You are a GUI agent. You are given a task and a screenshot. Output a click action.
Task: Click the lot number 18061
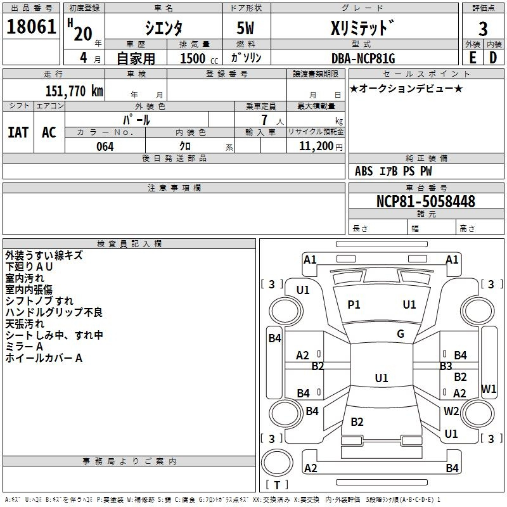click(31, 27)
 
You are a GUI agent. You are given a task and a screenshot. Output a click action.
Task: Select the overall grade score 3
click(483, 29)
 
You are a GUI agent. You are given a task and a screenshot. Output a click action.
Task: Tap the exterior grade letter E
click(473, 58)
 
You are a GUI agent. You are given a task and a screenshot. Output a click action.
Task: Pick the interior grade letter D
click(493, 58)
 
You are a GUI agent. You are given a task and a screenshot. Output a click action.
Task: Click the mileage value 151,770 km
click(74, 91)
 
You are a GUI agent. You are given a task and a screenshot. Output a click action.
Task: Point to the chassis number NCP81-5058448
click(426, 202)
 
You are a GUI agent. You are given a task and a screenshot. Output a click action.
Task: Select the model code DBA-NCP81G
click(363, 58)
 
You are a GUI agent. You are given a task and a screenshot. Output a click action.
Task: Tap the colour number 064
click(105, 146)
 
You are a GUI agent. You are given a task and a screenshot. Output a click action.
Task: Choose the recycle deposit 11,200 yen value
click(321, 146)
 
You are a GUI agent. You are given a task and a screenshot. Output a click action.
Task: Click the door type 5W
click(245, 28)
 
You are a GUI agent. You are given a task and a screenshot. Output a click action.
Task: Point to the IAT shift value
click(18, 132)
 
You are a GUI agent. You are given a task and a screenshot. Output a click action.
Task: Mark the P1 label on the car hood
click(354, 305)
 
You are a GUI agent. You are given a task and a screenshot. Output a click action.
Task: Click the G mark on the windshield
click(401, 334)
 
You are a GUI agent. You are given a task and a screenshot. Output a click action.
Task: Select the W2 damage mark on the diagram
click(451, 411)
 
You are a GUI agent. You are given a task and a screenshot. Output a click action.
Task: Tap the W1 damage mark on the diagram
click(489, 388)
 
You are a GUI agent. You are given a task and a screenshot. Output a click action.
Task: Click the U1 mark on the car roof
click(382, 378)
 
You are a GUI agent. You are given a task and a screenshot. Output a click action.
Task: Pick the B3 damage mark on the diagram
click(446, 366)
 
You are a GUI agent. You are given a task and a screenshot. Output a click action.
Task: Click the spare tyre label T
click(277, 485)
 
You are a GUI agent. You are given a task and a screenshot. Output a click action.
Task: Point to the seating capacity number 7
click(264, 120)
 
